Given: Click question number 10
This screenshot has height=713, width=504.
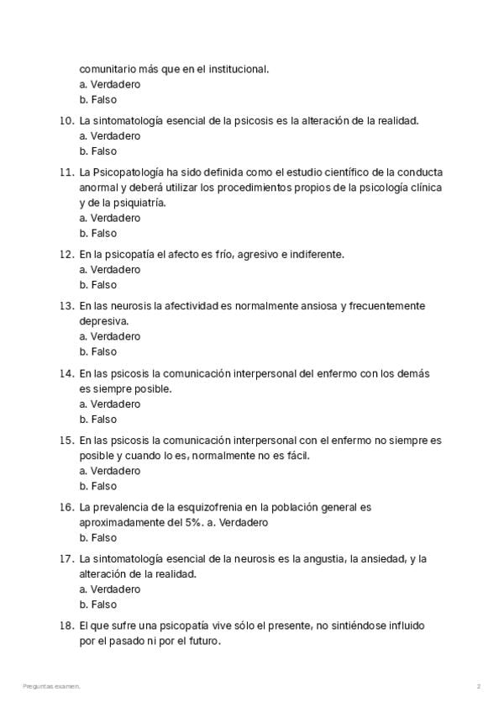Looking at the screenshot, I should [66, 120].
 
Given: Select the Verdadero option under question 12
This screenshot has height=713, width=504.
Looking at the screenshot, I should [109, 270].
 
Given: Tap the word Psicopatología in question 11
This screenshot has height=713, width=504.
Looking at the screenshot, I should [129, 172].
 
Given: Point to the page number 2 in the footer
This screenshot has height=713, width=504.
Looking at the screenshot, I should [479, 687].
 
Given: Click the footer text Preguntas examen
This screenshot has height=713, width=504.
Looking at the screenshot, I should [52, 687].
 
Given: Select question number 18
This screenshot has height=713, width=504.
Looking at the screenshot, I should [66, 626].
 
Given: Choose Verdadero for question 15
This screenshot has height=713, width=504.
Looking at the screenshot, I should [109, 471].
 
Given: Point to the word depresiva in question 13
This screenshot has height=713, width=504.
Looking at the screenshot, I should [104, 321].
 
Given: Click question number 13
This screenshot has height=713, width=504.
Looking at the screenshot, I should [66, 306].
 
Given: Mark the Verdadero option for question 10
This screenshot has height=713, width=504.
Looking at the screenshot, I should [109, 135].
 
